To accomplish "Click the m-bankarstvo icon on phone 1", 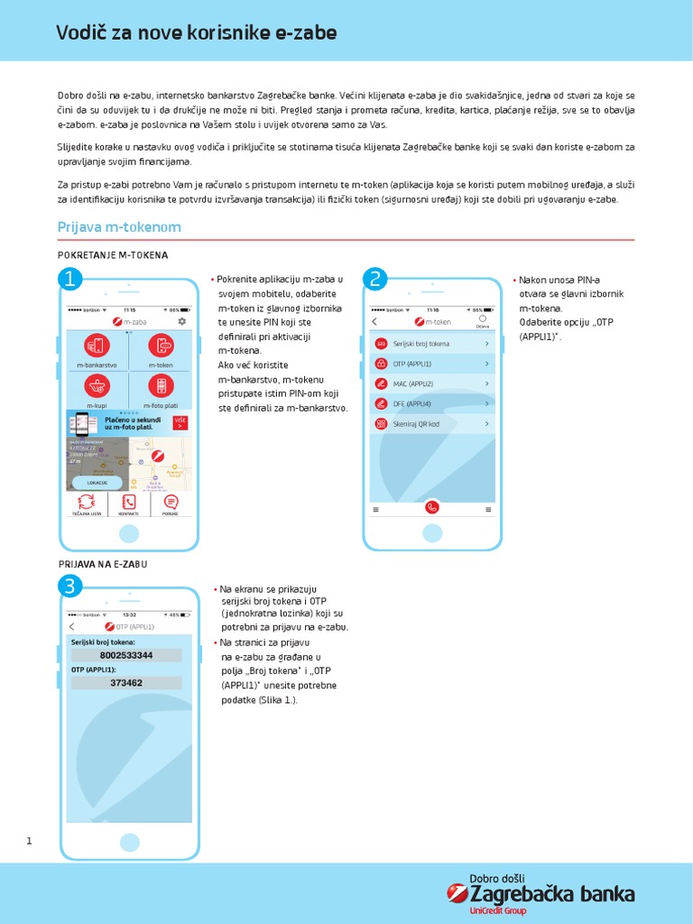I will click(97, 345).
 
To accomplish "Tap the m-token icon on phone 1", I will click(161, 345).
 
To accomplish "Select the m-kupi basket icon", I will click(97, 386).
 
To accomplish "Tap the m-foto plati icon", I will click(161, 386).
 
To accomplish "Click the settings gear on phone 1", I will click(182, 321).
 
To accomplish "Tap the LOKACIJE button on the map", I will click(97, 483).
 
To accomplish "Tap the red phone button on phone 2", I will click(432, 507).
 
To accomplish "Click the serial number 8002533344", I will click(126, 655).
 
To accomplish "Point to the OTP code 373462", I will click(126, 683).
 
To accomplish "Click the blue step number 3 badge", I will click(70, 587).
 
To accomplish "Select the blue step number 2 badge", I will click(374, 278).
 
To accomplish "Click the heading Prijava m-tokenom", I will click(119, 227).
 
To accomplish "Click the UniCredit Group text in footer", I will click(497, 911).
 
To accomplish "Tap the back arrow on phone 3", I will click(72, 626).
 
